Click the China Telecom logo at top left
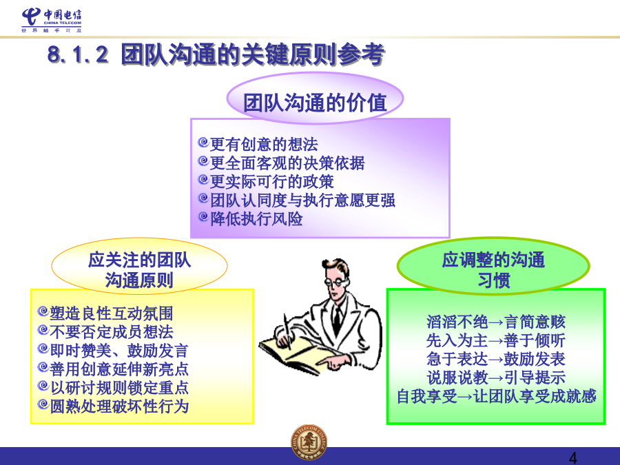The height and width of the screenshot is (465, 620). pos(52,20)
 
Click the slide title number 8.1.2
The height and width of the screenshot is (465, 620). pos(77,54)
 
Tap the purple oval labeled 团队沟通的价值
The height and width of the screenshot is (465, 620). pos(315,98)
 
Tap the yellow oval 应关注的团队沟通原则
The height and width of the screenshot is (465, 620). pos(139,266)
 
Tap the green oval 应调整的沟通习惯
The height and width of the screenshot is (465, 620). pos(493,266)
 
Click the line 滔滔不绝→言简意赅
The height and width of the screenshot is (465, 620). pos(496,322)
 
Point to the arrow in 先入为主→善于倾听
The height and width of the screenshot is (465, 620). pos(496,341)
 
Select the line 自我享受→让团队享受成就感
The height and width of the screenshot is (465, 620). pos(496,396)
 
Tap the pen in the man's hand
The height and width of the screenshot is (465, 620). pos(287,332)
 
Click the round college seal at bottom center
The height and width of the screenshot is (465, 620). pos(309,442)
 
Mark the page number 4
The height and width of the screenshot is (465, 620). pos(573,458)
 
